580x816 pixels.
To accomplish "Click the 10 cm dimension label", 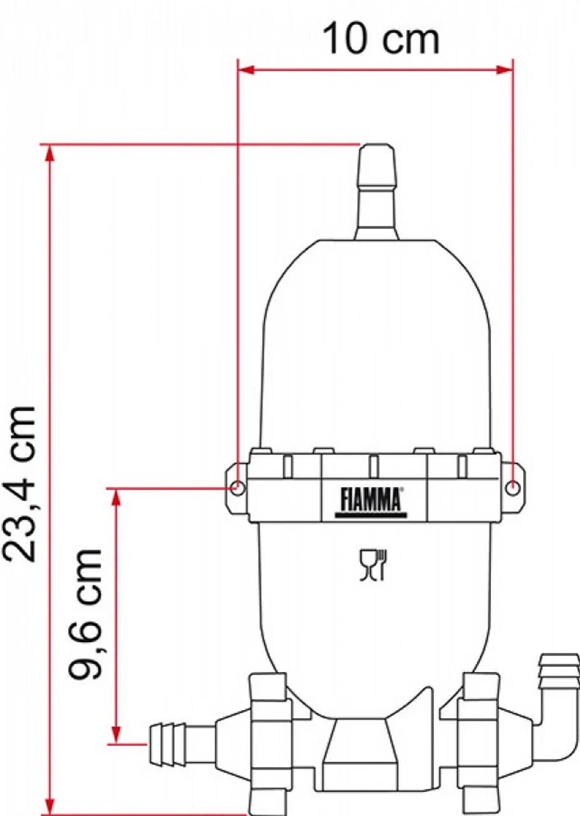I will [381, 40].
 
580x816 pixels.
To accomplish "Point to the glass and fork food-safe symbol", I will [373, 565].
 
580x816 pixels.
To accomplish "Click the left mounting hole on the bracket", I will [236, 489].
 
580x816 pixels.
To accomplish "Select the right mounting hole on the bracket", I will [513, 488].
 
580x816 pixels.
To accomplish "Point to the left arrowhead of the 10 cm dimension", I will [245, 69].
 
